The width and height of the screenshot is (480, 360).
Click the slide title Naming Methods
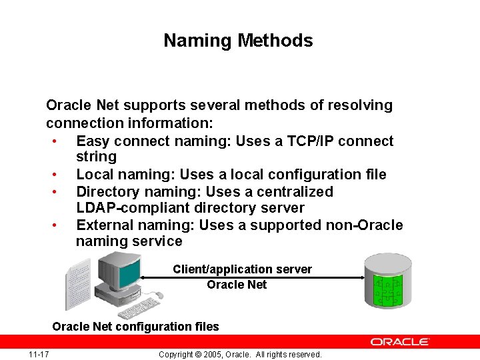coord(238,41)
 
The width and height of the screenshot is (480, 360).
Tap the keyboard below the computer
coord(137,309)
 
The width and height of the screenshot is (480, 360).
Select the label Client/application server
coord(242,269)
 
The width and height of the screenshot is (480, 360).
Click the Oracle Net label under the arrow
coord(237,285)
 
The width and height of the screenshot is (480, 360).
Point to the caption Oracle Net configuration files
coord(135,327)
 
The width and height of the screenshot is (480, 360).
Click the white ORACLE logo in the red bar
coord(400,341)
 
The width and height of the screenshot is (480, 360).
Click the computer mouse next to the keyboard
coord(159,295)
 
